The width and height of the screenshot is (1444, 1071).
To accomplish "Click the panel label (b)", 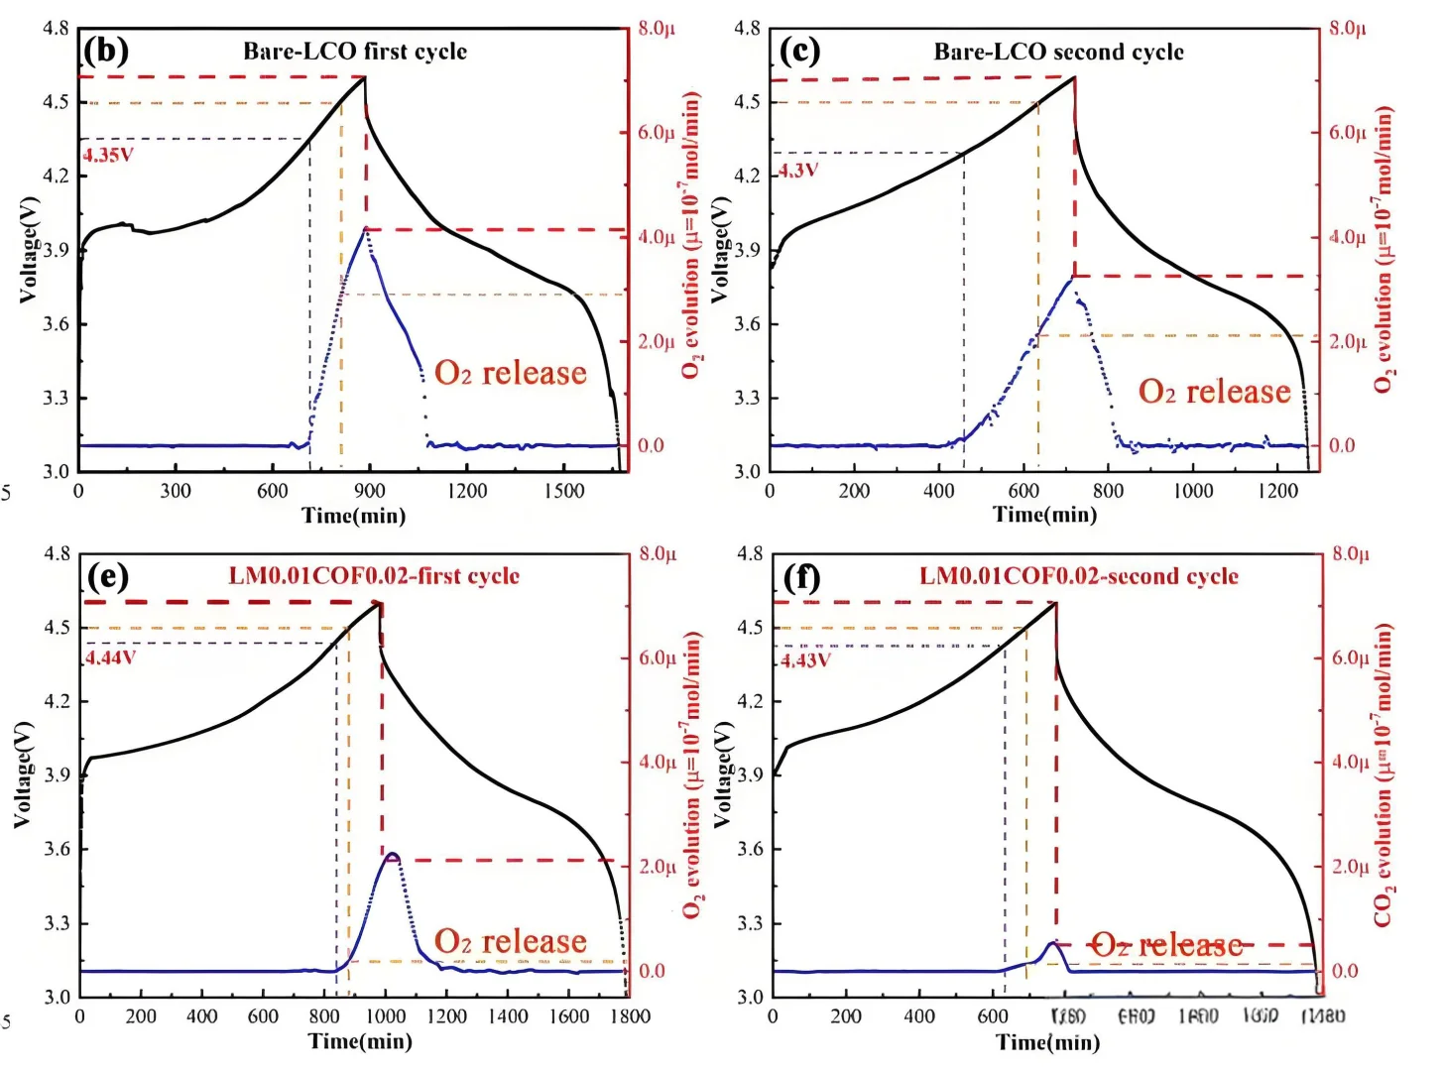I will [x=106, y=51].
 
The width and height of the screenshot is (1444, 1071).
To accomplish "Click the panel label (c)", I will [x=799, y=51].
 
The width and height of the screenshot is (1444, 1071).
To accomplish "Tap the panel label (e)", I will [x=108, y=576].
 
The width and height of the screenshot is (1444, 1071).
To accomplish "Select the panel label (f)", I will [x=800, y=576].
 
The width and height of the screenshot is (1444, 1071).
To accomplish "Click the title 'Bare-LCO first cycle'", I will [x=355, y=52].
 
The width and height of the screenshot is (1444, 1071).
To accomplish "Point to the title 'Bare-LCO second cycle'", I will [x=1058, y=52].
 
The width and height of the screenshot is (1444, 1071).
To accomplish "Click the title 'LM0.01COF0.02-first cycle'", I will [x=374, y=576].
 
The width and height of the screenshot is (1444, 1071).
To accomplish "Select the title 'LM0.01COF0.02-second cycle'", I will [x=1078, y=576].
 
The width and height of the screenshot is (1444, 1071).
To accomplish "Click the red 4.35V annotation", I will [x=107, y=155].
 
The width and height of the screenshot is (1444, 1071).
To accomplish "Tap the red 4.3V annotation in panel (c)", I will [x=797, y=170].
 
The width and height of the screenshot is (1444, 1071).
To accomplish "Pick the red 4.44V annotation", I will [x=110, y=656].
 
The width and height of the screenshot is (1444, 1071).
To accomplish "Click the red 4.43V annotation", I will [x=804, y=659].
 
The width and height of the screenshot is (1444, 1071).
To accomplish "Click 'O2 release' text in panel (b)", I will [x=511, y=373].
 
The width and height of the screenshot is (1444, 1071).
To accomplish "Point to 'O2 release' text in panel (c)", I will [x=1214, y=392].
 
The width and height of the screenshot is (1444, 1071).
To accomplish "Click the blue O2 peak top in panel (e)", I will [x=393, y=853].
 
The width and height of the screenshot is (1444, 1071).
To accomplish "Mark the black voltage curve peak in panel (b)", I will [x=364, y=77].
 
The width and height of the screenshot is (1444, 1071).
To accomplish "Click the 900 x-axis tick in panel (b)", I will [x=370, y=491].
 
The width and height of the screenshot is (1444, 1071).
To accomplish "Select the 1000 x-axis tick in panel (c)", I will [x=1193, y=491].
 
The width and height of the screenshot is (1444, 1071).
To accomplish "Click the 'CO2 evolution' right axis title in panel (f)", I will [x=1384, y=775].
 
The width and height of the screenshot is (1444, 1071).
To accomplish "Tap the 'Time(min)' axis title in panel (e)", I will [x=360, y=1040].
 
